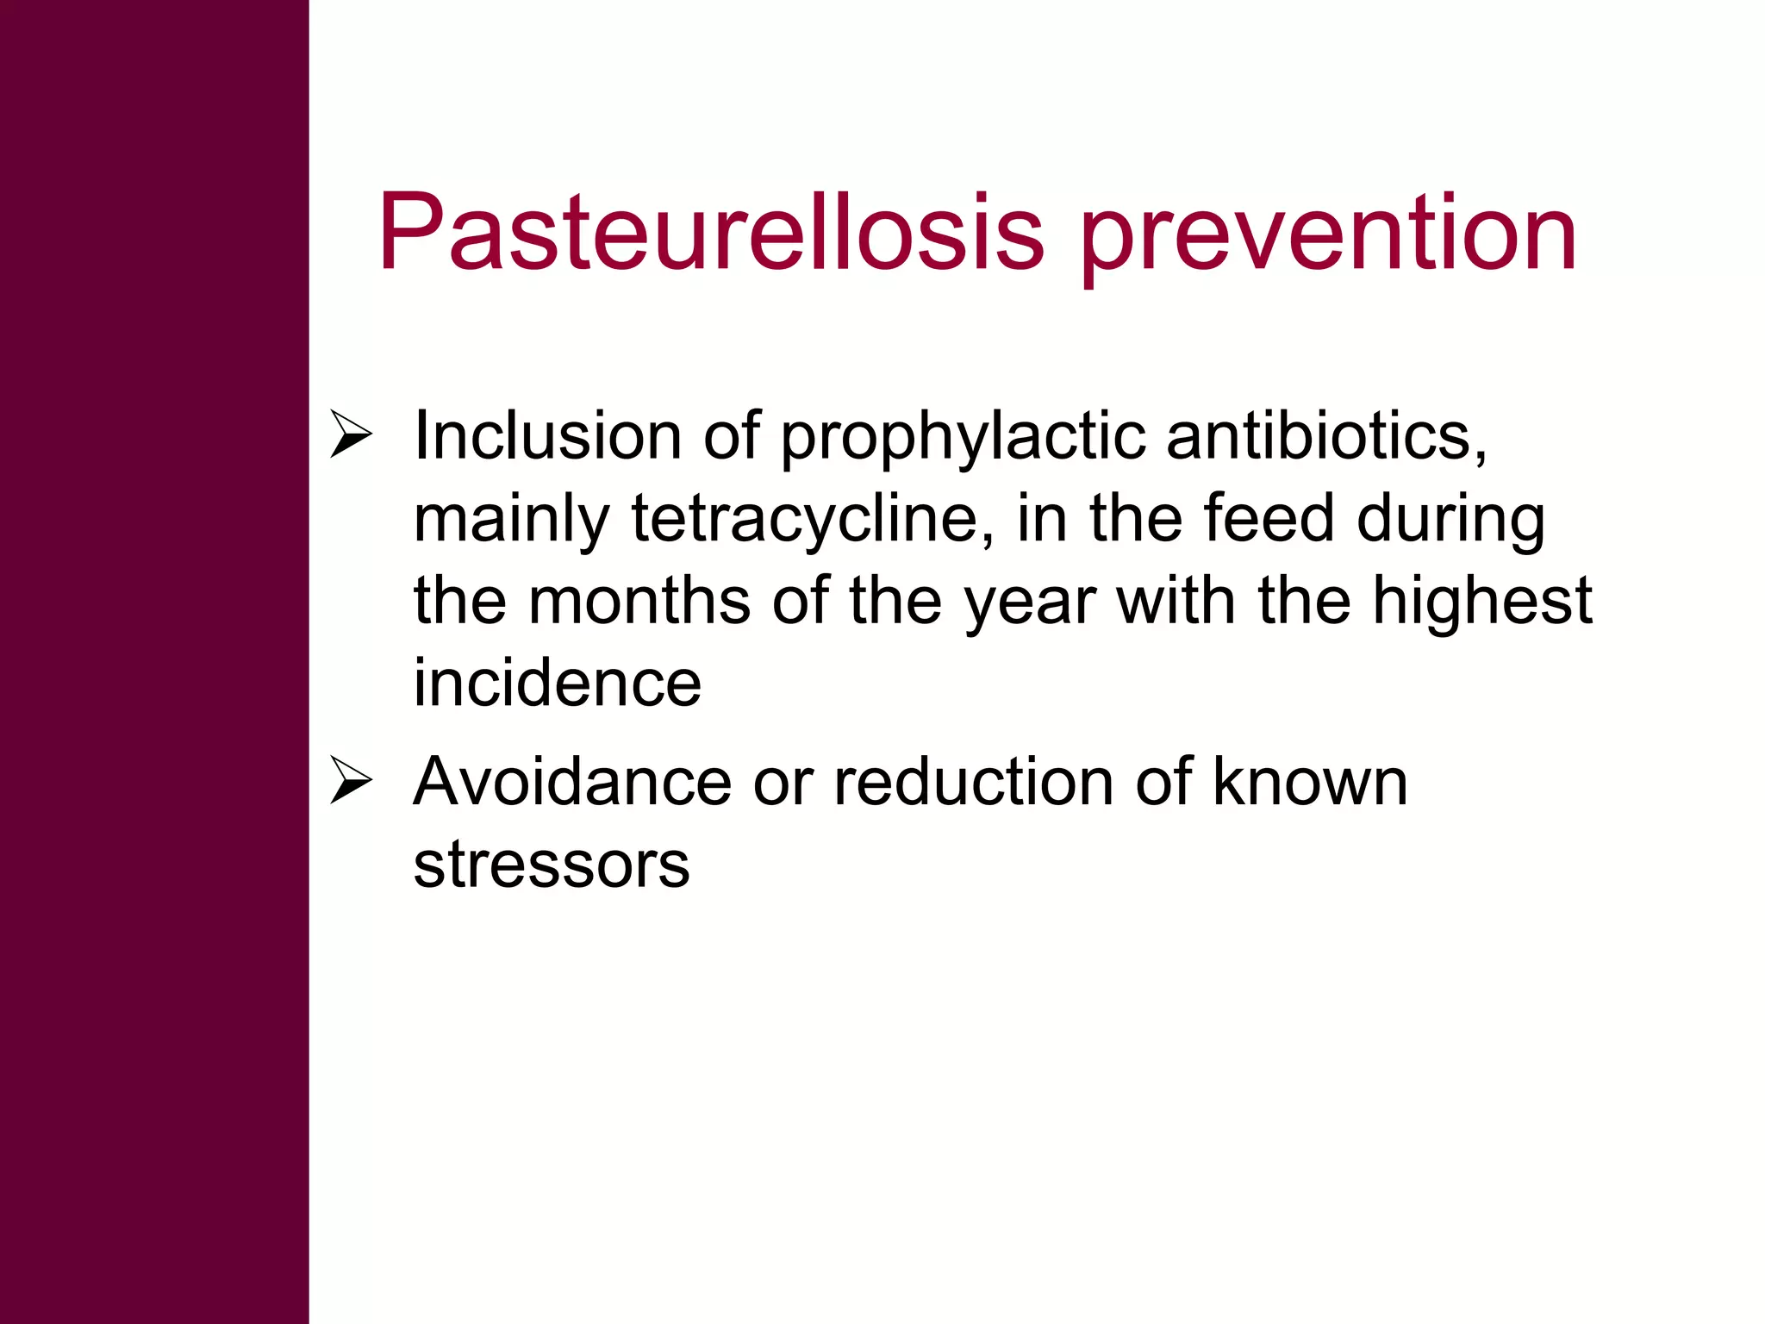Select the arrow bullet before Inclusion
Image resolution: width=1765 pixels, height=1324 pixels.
351,435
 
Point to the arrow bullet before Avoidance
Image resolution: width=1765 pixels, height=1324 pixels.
351,782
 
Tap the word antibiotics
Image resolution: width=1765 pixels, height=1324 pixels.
1326,436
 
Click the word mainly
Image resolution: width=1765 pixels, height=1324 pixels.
512,521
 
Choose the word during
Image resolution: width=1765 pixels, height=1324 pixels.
1450,521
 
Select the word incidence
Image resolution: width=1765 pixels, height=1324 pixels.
558,683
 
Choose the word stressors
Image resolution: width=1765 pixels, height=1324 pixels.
552,865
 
